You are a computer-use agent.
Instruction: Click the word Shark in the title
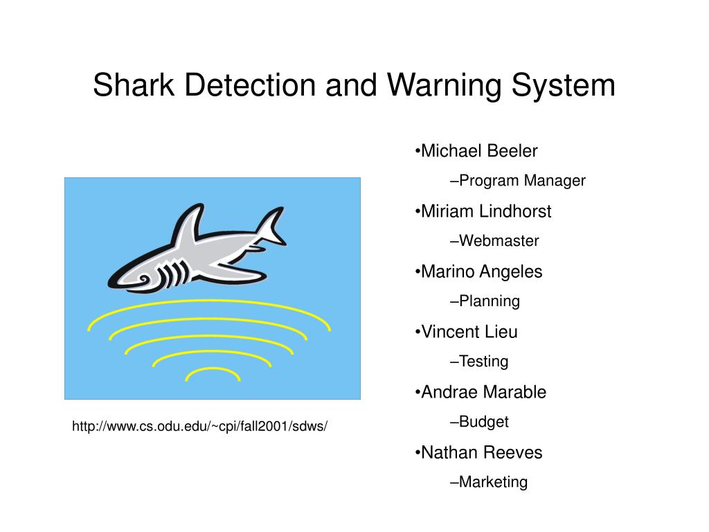pyautogui.click(x=134, y=85)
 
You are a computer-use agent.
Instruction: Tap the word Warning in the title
pyautogui.click(x=445, y=86)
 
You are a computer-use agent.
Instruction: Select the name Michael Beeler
pyautogui.click(x=479, y=150)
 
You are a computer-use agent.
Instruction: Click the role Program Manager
pyautogui.click(x=522, y=181)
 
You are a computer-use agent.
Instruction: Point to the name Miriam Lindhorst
pyautogui.click(x=486, y=211)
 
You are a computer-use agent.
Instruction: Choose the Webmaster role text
pyautogui.click(x=499, y=240)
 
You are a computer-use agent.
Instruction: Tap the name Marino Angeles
pyautogui.click(x=482, y=272)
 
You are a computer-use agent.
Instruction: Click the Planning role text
pyautogui.click(x=490, y=301)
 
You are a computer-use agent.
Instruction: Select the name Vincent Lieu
pyautogui.click(x=469, y=332)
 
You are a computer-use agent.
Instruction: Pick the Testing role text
pyautogui.click(x=483, y=362)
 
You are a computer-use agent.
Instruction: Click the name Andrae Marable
pyautogui.click(x=483, y=392)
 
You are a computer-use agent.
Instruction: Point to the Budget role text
pyautogui.click(x=483, y=422)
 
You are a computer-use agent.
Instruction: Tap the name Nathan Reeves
pyautogui.click(x=482, y=452)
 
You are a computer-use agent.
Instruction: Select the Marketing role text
pyautogui.click(x=493, y=482)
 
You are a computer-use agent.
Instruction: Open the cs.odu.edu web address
pyautogui.click(x=199, y=426)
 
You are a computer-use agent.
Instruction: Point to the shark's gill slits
pyautogui.click(x=174, y=273)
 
